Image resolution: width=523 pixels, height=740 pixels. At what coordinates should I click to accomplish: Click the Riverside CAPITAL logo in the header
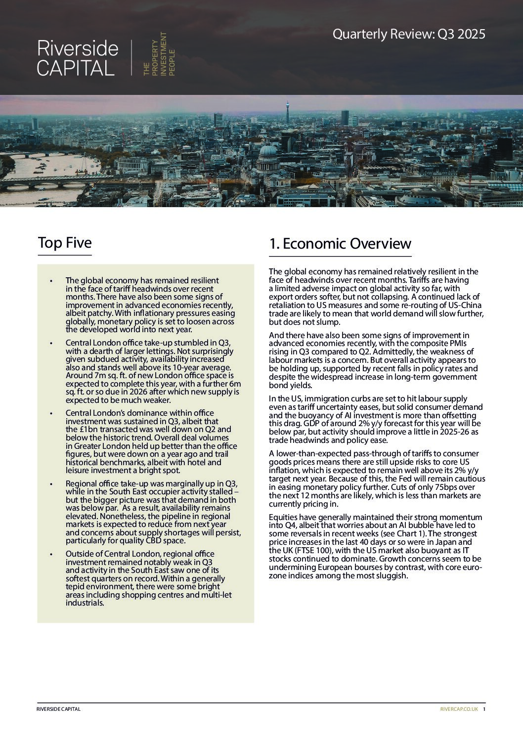pyautogui.click(x=78, y=58)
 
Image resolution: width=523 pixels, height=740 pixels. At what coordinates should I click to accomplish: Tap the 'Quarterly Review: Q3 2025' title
pyautogui.click(x=408, y=34)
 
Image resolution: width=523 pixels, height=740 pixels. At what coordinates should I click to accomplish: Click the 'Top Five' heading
pyautogui.click(x=65, y=243)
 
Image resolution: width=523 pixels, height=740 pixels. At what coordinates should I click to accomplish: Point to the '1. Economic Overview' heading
pyautogui.click(x=340, y=244)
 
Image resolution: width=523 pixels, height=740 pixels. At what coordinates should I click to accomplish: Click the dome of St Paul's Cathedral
pyautogui.click(x=268, y=151)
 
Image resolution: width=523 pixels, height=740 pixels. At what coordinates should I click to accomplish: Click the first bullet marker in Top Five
pyautogui.click(x=51, y=281)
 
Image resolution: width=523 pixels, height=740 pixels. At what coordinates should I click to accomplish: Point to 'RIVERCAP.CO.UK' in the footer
pyautogui.click(x=459, y=709)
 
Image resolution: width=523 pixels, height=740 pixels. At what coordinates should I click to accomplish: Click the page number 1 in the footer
pyautogui.click(x=484, y=709)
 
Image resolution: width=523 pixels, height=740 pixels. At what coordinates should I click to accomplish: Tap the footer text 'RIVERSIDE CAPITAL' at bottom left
pyautogui.click(x=58, y=709)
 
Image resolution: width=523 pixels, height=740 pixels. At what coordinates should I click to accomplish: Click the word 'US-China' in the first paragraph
pyautogui.click(x=464, y=305)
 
